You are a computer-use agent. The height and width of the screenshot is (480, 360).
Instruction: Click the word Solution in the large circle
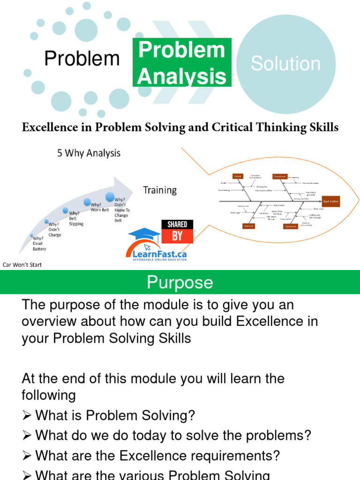[x=285, y=64]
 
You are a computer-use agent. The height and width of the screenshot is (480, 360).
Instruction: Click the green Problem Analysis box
[x=181, y=63]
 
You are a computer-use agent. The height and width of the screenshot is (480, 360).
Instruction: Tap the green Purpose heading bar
[x=180, y=283]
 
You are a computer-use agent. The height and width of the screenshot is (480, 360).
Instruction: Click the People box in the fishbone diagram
[x=238, y=176]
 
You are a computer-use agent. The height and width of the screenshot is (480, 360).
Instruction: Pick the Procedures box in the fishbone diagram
[x=279, y=177]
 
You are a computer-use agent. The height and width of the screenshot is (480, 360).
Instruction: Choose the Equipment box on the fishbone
[x=290, y=226]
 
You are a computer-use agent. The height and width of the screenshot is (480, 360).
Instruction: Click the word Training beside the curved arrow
[x=160, y=190]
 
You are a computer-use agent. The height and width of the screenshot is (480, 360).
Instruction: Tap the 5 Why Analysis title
[x=89, y=153]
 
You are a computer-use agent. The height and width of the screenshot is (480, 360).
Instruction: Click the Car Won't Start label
[x=22, y=265]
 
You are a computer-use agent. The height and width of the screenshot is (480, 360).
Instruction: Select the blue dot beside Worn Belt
[x=87, y=202]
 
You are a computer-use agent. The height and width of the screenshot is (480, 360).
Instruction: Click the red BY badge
[x=177, y=236]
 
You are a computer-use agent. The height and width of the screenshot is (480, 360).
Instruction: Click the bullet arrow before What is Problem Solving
[x=27, y=415]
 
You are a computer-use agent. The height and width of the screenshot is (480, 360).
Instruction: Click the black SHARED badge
[x=177, y=225]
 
